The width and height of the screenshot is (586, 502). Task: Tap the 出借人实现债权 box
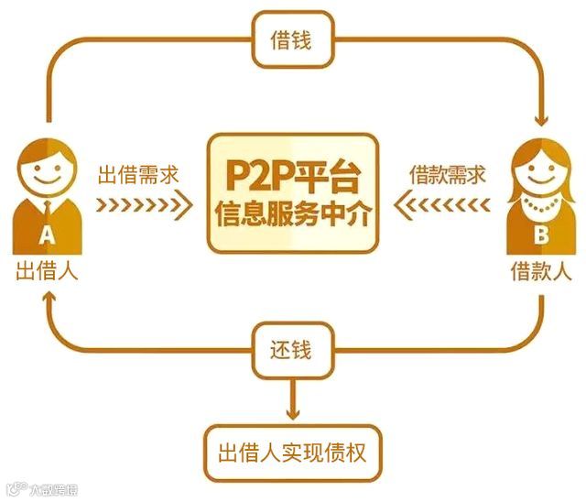tap(293, 452)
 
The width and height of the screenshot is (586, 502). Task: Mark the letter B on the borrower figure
tap(540, 236)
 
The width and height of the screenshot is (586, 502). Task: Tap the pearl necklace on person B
tap(540, 209)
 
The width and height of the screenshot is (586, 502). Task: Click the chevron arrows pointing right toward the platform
tap(143, 203)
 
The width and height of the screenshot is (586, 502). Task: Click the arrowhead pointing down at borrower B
tap(540, 120)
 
